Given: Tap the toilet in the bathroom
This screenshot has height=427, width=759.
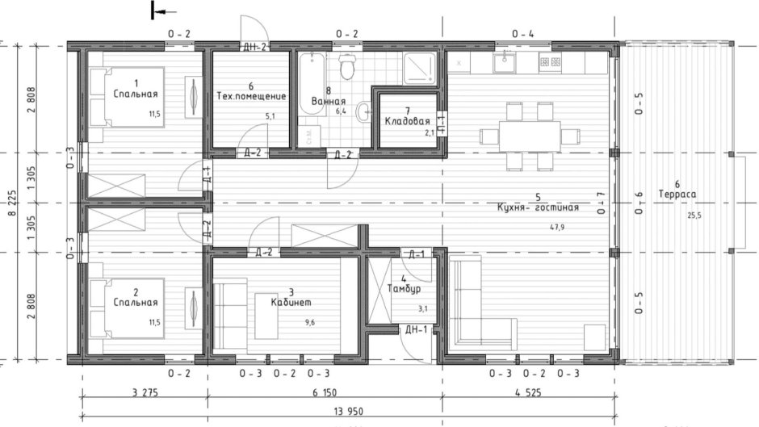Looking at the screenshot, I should (347, 67).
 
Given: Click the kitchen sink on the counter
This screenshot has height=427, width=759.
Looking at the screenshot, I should (505, 61).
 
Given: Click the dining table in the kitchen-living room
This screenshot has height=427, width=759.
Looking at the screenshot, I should (528, 134).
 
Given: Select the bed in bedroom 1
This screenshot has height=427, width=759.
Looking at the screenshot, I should (126, 97).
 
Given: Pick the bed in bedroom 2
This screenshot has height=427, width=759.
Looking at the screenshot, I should (126, 308).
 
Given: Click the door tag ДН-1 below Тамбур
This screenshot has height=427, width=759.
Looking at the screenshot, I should (416, 329).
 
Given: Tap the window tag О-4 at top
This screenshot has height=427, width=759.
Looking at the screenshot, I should (522, 34).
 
